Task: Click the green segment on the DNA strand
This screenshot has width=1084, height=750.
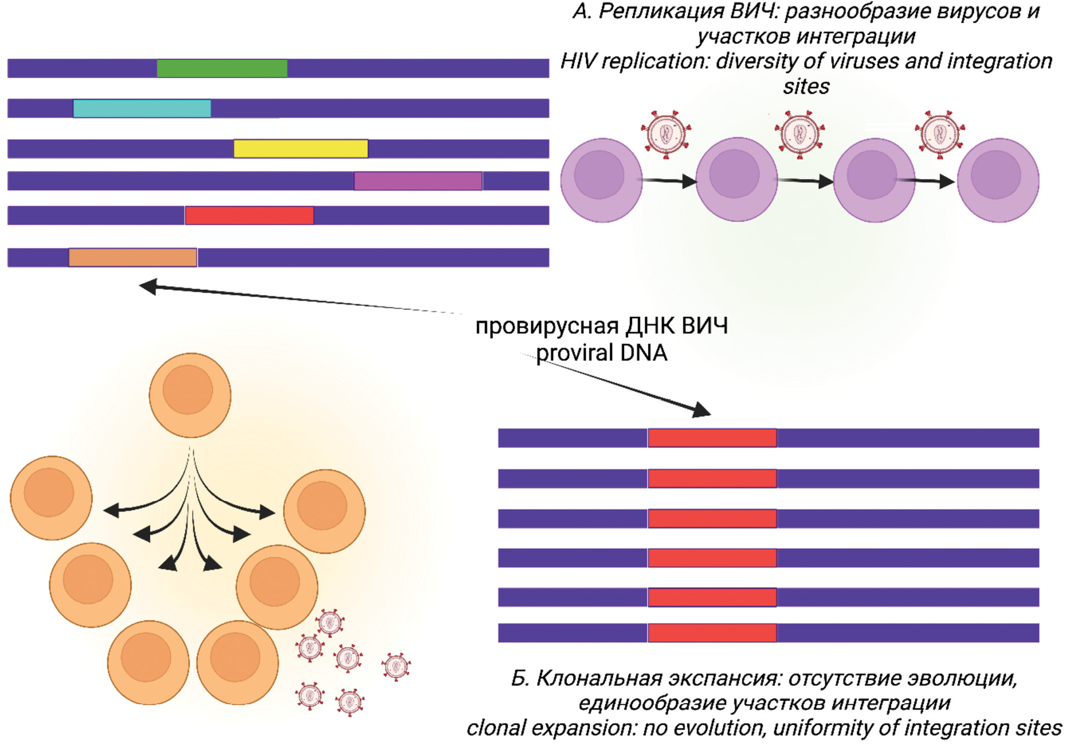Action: coord(222,68)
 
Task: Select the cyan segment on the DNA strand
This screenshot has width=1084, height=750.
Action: coord(142,108)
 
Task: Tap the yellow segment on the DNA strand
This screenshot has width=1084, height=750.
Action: coord(301,149)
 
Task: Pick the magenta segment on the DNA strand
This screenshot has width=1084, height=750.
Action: coord(418,181)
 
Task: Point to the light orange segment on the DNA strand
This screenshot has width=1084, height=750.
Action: coord(133,257)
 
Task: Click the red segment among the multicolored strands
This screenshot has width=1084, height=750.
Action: coord(249,215)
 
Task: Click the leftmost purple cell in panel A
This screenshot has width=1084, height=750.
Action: coord(601,180)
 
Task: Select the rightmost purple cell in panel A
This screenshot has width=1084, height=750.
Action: coord(998,180)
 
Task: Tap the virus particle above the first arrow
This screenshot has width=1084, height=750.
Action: coord(666,134)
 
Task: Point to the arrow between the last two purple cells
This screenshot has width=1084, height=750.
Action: coord(926,181)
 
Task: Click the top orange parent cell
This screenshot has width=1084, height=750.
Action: coord(190,395)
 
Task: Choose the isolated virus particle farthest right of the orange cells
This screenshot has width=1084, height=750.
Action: coord(396,666)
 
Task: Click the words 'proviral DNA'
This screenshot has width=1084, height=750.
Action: coord(601,353)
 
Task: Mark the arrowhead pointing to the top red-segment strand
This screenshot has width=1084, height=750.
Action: coord(702,410)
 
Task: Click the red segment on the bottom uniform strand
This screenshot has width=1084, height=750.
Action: coord(712,632)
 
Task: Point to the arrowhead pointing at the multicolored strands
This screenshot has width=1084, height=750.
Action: coord(148,286)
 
